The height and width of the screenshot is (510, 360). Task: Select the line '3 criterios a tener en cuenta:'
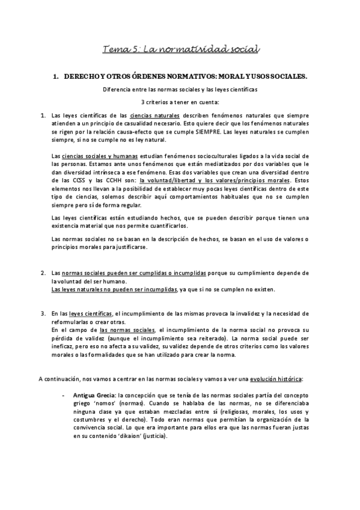[x=180, y=102]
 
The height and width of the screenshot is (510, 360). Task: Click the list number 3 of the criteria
[x=43, y=313]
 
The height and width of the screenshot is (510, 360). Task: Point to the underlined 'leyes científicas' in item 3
[x=91, y=313]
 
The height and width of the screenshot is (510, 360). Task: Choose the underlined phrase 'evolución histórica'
[x=276, y=378]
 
